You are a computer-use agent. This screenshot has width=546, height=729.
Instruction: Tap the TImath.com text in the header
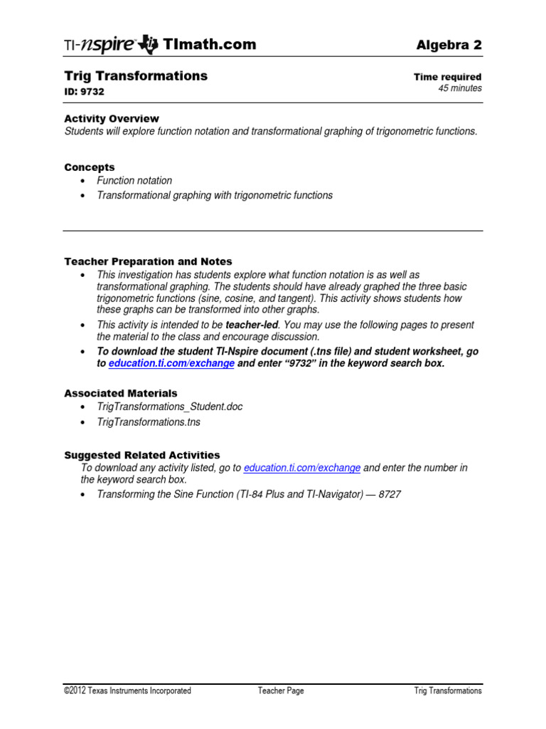[210, 44]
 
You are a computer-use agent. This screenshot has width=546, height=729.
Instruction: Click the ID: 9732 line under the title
[85, 91]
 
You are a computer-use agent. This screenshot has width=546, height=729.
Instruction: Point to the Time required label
[447, 77]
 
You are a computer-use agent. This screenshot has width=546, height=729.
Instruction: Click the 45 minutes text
[459, 88]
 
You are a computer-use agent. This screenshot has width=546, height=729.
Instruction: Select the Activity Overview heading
[112, 118]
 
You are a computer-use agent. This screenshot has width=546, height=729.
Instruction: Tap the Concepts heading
[89, 167]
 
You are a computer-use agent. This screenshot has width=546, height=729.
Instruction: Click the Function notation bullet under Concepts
[134, 181]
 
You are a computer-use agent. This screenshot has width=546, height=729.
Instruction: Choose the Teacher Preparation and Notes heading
[148, 261]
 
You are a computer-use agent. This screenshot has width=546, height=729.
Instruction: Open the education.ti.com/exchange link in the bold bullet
[171, 363]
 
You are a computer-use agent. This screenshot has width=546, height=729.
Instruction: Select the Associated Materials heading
[121, 393]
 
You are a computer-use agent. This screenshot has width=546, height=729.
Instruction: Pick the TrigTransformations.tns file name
[149, 422]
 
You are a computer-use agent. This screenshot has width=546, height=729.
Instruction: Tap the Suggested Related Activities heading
[142, 455]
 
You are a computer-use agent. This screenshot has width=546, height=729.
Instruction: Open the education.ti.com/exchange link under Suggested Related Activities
[301, 468]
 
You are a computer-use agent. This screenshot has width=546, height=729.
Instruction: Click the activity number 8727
[389, 494]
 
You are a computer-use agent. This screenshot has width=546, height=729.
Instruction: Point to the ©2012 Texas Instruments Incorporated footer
[127, 691]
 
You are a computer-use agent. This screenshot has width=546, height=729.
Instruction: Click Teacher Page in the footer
[281, 691]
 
